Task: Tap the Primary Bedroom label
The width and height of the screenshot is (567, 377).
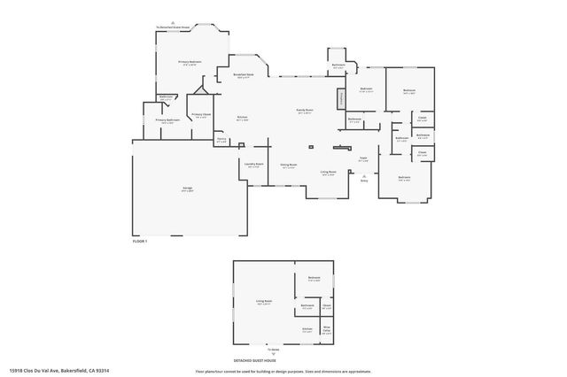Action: click(190, 62)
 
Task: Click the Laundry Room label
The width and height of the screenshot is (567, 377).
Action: click(252, 165)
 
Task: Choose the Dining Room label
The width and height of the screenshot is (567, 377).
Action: click(289, 165)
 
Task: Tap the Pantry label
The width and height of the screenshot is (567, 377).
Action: click(221, 140)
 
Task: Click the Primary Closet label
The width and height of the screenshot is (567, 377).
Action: click(201, 116)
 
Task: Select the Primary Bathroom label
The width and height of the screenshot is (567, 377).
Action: click(167, 121)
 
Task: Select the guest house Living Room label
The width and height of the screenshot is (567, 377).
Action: click(263, 303)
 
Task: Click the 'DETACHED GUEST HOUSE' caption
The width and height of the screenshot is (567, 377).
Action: click(255, 361)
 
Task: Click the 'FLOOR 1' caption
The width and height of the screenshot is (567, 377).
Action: click(140, 241)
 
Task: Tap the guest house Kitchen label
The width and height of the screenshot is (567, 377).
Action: click(307, 329)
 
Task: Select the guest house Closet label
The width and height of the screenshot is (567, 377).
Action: click(326, 306)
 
